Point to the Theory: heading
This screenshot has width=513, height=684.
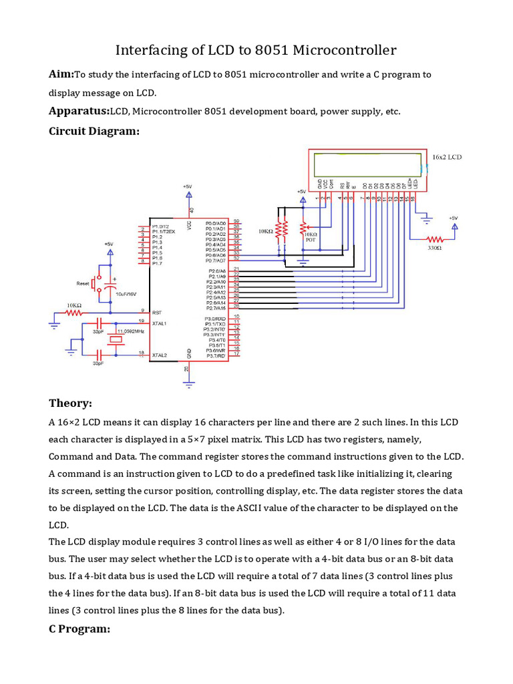70,403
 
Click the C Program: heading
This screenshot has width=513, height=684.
79,629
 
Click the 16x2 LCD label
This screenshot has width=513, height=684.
448,157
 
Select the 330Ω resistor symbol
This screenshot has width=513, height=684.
435,238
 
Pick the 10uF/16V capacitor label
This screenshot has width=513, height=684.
126,294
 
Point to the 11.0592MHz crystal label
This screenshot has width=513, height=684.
131,331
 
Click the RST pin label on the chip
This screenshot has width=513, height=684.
158,312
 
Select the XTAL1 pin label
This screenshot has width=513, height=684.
160,323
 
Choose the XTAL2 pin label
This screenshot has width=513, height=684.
160,355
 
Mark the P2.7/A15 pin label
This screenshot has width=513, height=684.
215,309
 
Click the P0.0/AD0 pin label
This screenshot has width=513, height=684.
216,223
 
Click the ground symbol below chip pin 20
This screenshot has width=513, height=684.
189,383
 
